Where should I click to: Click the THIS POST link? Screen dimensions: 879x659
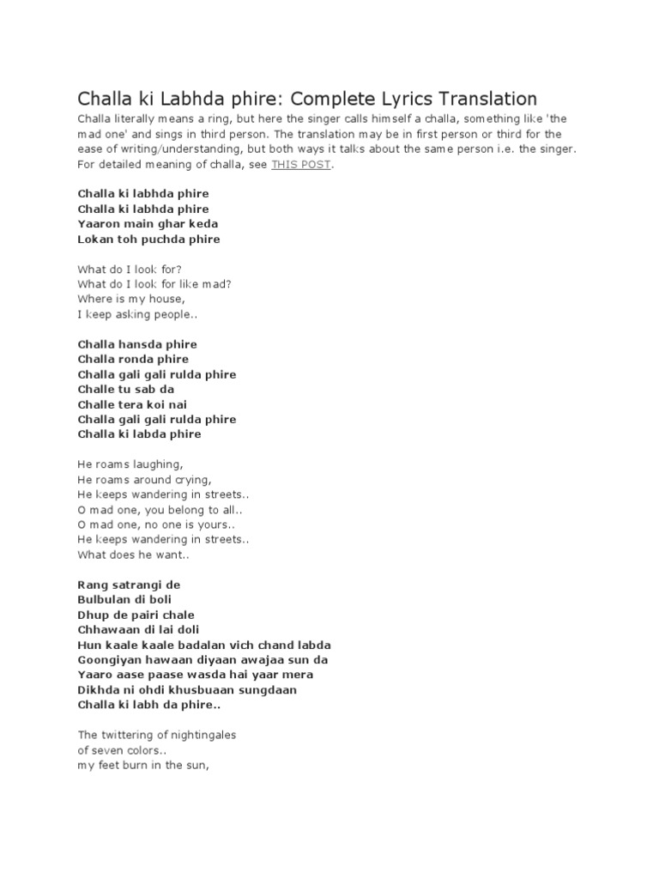pos(300,165)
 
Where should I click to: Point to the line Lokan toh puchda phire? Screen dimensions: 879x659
pos(148,239)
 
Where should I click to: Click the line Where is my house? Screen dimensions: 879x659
pos(130,300)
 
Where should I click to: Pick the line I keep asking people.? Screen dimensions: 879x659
pos(136,315)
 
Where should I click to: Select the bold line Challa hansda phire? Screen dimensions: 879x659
pos(137,344)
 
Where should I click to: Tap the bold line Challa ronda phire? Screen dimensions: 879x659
pos(133,360)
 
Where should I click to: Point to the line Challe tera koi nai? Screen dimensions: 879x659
pos(132,404)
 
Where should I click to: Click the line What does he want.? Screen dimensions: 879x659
pos(133,555)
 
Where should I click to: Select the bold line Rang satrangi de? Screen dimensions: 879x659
pos(129,585)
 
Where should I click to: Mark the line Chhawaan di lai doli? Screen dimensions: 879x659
pos(136,630)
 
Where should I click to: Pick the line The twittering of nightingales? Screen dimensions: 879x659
pos(156,735)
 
